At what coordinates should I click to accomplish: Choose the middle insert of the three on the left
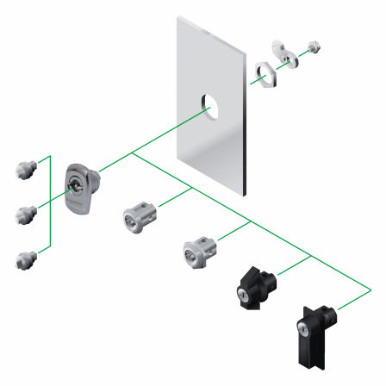point(25,212)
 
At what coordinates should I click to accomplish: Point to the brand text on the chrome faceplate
point(77,199)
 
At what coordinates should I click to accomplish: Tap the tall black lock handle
point(310,330)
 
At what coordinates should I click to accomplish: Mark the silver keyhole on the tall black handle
point(303,327)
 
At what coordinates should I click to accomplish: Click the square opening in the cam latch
point(286,53)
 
